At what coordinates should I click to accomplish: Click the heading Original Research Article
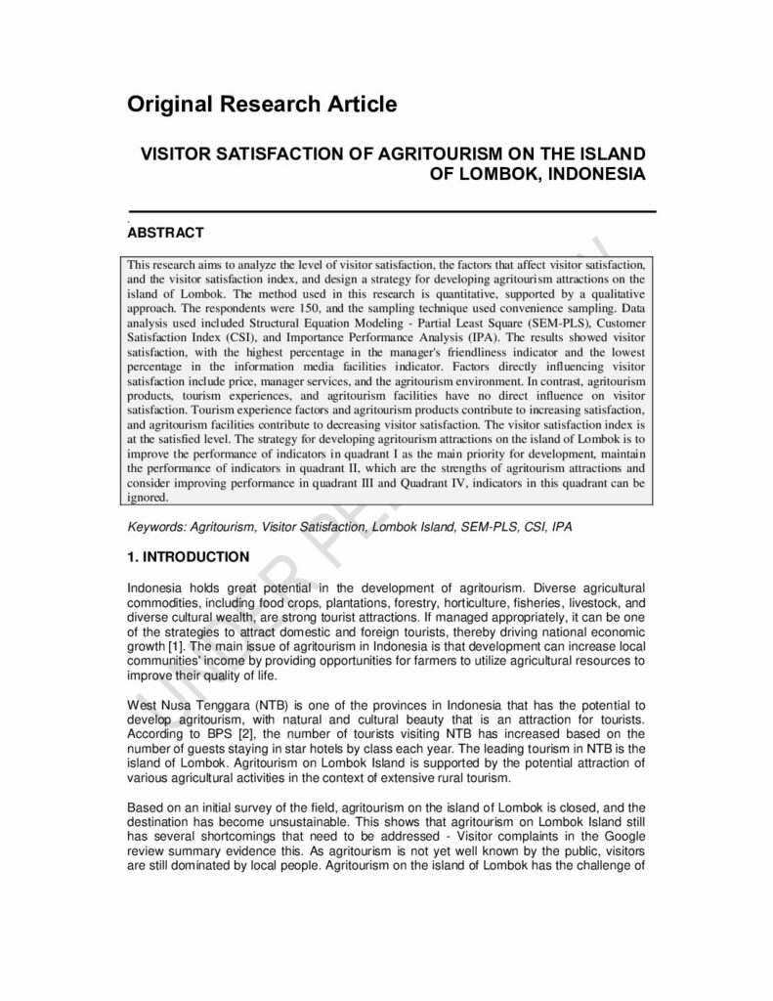tap(262, 105)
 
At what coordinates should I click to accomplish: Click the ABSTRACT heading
tap(165, 233)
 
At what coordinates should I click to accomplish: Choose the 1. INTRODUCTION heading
tap(189, 557)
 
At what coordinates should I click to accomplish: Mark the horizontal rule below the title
tap(391, 210)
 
